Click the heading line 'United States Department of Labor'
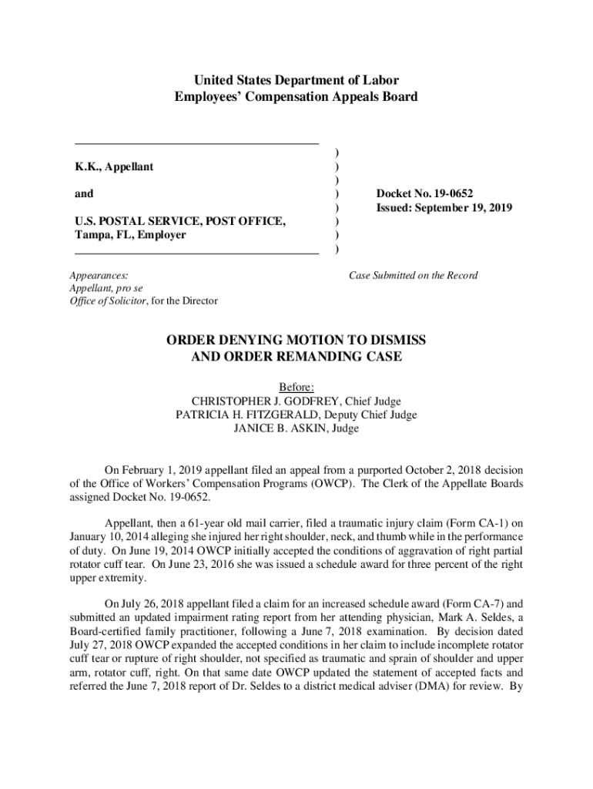pos(296,80)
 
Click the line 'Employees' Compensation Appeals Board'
pos(296,97)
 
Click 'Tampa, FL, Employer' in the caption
pos(130,236)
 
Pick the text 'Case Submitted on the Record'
pos(414,275)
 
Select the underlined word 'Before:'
pos(296,388)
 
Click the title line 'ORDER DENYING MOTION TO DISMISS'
pos(296,341)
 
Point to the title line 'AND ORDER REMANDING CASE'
pos(296,358)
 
